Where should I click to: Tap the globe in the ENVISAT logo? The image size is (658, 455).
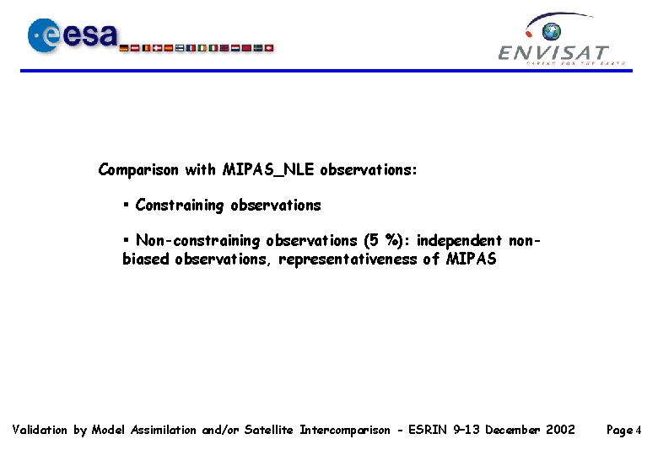tap(552, 32)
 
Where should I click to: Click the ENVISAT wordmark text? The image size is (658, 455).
tap(553, 53)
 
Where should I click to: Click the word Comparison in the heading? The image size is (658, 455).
tap(138, 170)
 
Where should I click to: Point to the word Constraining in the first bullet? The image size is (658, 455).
tap(181, 205)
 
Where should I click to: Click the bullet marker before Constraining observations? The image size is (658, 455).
tap(126, 205)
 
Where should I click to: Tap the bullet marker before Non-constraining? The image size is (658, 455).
tap(126, 241)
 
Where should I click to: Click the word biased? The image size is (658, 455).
tap(146, 260)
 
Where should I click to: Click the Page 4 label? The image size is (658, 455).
tap(625, 430)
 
